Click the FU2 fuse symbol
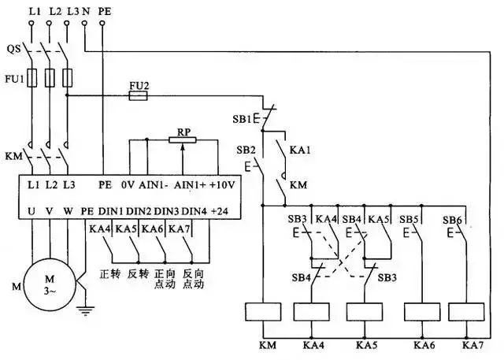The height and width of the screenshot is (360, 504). [x=138, y=95]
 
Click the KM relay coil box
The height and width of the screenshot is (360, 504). [x=262, y=311]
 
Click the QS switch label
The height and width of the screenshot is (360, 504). [x=13, y=48]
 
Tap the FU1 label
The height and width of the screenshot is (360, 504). [x=12, y=79]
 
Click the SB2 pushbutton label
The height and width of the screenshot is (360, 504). [x=245, y=149]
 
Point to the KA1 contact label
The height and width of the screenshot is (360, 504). [x=300, y=149]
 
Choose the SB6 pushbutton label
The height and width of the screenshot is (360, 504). [x=451, y=218]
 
